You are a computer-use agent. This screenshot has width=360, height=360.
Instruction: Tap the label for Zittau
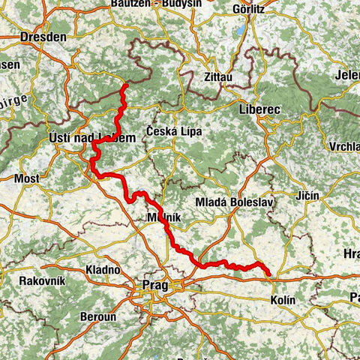pos(217,76)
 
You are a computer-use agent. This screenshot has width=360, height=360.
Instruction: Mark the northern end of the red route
pos(124,86)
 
